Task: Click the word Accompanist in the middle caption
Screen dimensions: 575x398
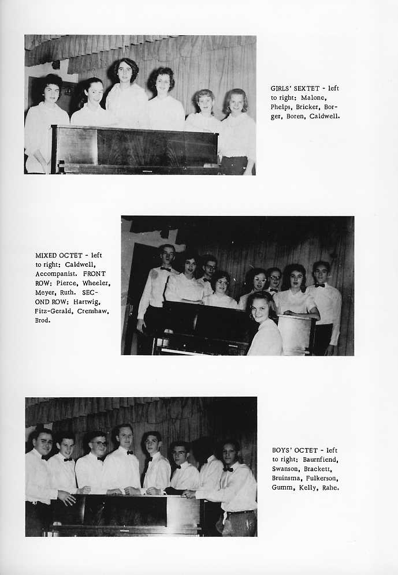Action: (56, 274)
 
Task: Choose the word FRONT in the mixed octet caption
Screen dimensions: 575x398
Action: (94, 274)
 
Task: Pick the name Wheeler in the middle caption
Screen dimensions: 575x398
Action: (95, 283)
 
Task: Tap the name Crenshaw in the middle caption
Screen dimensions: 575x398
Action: (92, 311)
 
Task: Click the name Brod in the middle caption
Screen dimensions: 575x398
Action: (43, 320)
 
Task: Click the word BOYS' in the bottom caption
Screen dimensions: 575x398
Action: (283, 450)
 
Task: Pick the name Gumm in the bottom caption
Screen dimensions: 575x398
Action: (282, 487)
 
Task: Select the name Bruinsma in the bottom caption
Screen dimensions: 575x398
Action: (287, 478)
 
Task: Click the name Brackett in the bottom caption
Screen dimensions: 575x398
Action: (323, 469)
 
